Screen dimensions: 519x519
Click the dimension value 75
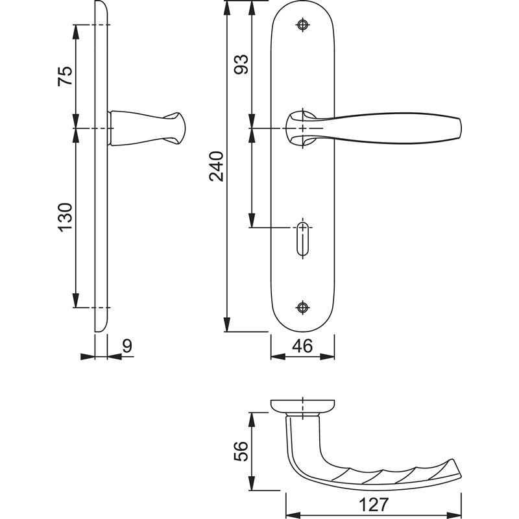pos(66,76)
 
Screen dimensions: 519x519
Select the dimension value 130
pos(66,217)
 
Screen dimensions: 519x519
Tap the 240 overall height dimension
pos(217,166)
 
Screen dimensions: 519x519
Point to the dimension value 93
pos(241,64)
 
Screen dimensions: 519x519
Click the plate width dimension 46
pos(302,346)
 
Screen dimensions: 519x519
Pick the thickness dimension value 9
pos(127,346)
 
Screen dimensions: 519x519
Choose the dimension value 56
pos(241,451)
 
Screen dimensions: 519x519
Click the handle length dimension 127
pos(373,505)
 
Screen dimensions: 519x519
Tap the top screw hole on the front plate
pos(302,25)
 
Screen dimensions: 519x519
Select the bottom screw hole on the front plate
pos(302,308)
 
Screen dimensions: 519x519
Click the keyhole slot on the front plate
pos(302,239)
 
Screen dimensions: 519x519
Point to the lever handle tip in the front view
pos(460,128)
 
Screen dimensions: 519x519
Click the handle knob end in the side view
pos(182,128)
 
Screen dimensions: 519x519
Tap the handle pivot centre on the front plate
pos(303,128)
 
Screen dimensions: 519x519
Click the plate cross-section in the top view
pos(302,406)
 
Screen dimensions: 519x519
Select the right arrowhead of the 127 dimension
pos(454,516)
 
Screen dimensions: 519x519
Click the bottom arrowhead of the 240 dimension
pos(226,324)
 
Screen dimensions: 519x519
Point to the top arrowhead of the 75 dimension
pos(76,32)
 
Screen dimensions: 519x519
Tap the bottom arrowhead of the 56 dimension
pos(252,483)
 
